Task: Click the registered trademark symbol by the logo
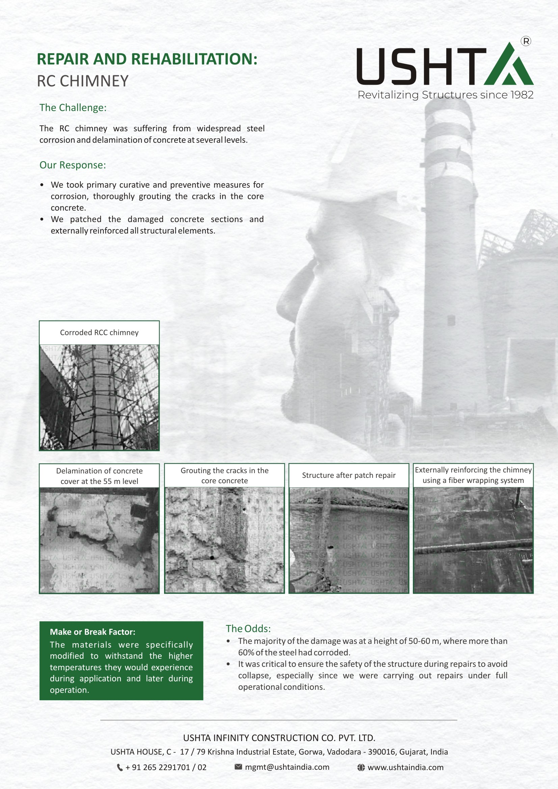point(526,41)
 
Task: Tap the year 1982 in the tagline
point(522,95)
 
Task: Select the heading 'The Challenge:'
point(73,108)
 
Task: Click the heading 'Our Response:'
point(73,165)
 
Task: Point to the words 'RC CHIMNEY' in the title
point(82,81)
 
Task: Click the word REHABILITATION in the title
point(194,59)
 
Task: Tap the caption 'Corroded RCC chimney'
point(99,332)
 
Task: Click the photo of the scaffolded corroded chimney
point(99,397)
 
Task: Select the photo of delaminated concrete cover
point(99,540)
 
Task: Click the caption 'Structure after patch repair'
point(349,475)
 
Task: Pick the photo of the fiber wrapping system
point(473,540)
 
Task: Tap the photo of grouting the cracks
point(224,540)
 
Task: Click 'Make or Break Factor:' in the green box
point(92,632)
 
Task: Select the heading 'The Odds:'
point(248,628)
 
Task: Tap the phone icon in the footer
point(119,767)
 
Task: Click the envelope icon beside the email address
point(238,767)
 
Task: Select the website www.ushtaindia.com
point(405,767)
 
